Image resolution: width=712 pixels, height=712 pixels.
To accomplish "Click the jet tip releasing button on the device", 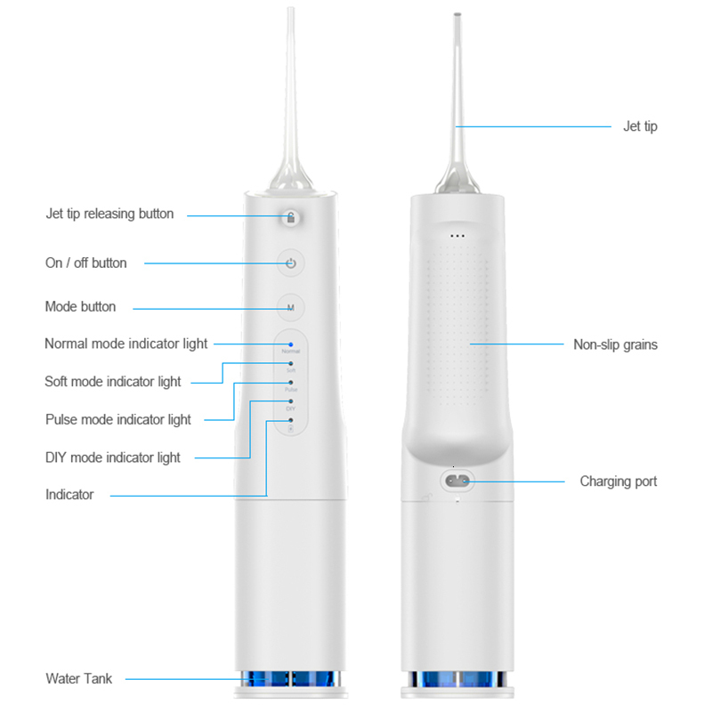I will [x=290, y=217].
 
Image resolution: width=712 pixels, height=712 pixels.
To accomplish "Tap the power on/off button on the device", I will [x=290, y=263].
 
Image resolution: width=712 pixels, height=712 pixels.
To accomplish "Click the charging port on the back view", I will [x=457, y=481].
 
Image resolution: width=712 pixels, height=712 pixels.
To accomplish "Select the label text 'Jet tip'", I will [x=640, y=126].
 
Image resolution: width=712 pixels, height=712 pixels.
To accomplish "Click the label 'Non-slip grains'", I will [x=615, y=344].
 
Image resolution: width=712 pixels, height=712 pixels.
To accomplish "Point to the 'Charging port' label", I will [x=619, y=481].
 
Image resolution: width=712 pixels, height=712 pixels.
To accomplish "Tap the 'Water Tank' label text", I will [x=79, y=679].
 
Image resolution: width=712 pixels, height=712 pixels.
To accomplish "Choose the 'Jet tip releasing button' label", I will [x=109, y=214].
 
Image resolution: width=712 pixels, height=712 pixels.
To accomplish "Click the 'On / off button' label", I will [x=85, y=263].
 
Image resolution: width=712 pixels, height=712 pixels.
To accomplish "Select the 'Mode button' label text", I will [x=80, y=306].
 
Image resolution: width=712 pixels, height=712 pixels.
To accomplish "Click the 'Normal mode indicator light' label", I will [x=126, y=344].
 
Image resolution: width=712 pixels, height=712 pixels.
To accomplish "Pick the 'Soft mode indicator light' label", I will [x=113, y=382].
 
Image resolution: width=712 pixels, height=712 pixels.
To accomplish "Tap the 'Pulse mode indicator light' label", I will [x=118, y=419].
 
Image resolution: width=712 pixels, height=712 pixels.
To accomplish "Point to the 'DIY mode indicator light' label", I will [x=113, y=457].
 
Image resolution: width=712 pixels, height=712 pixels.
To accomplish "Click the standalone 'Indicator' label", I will [x=69, y=495].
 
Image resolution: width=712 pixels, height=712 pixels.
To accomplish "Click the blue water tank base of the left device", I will [x=290, y=678].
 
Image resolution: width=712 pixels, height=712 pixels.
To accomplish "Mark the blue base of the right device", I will [x=457, y=678].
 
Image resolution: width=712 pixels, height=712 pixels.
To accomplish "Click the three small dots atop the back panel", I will [x=457, y=236].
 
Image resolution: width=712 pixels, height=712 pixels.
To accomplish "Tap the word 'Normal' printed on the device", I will [x=291, y=352].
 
